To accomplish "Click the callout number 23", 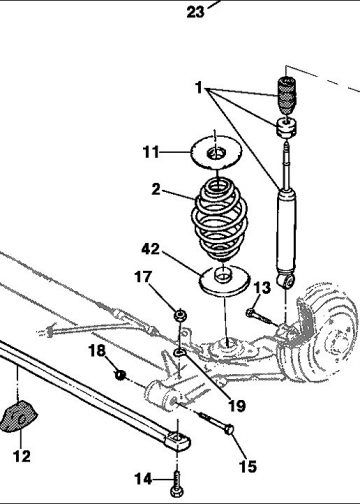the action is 195,12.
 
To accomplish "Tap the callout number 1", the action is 199,88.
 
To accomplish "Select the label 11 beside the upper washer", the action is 151,152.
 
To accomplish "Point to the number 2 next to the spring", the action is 156,189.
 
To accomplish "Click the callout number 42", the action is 151,249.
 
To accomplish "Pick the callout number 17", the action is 143,277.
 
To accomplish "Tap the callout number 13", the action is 262,288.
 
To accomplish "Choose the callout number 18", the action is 97,351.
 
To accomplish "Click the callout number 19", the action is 237,406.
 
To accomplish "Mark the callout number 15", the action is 248,467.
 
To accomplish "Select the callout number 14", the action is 143,479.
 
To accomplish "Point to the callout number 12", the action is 22,456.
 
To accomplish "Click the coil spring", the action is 220,219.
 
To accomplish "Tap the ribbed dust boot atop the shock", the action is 286,95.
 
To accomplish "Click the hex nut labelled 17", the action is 180,315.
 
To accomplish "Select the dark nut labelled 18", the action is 120,375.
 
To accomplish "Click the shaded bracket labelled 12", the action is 17,417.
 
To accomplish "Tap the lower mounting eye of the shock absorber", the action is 286,280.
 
